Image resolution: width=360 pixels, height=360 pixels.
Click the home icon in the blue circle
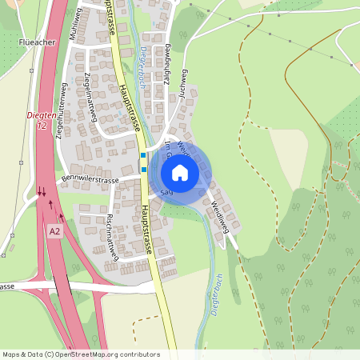tap(180, 172)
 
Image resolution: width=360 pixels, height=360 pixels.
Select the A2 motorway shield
tap(54, 231)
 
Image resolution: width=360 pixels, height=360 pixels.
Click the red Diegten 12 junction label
tap(42, 121)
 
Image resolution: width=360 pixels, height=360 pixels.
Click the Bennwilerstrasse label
tap(90, 181)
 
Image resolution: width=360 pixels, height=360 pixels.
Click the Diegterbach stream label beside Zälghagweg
tap(144, 62)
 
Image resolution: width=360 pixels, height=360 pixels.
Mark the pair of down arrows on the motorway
tap(41, 191)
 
